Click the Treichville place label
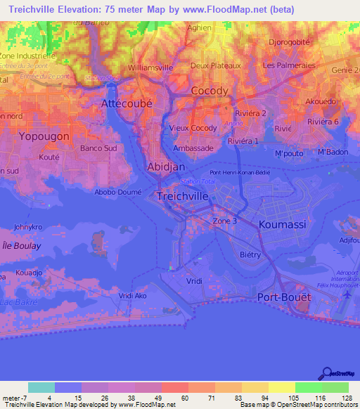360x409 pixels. click(182, 196)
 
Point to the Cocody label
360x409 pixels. click(210, 91)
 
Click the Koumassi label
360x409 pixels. click(283, 224)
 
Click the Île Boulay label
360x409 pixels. click(21, 246)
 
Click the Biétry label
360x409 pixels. click(250, 254)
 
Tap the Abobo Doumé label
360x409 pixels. click(118, 192)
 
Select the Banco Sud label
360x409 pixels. click(98, 148)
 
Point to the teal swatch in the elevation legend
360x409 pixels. click(41, 387)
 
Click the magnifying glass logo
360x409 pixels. click(326, 373)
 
